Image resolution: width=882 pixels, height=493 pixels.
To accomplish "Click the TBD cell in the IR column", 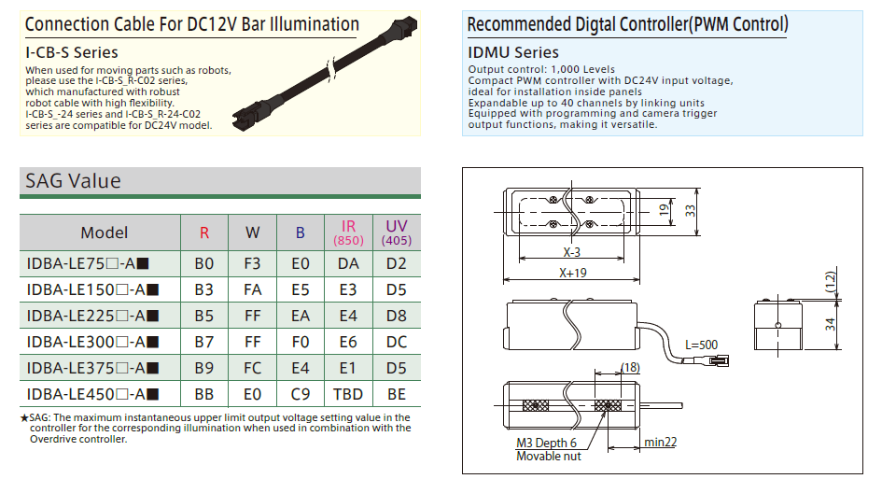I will click(x=348, y=394).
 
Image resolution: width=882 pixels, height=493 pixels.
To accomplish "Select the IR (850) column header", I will click(x=348, y=232).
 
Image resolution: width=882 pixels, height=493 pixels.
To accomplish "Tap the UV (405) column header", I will click(x=397, y=232).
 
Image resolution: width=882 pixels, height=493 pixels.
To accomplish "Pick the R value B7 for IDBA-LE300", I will click(x=204, y=342).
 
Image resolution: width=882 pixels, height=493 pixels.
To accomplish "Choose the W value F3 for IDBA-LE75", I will click(x=252, y=264).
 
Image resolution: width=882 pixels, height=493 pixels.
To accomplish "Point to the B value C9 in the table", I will click(x=300, y=394).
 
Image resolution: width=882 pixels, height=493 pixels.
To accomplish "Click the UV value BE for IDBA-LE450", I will click(x=397, y=394).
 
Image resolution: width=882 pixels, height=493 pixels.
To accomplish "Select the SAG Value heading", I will click(x=73, y=180).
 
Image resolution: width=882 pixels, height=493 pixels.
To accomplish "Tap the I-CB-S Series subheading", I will click(x=72, y=52).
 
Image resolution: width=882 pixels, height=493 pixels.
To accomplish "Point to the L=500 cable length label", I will click(x=701, y=345).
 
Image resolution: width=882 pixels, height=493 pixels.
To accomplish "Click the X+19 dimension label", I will click(x=572, y=273).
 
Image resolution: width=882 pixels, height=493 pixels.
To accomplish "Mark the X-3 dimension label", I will click(x=571, y=252).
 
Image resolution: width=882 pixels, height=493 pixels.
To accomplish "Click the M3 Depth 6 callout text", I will click(x=546, y=444).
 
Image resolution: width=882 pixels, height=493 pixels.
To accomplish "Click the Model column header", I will click(x=104, y=232).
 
